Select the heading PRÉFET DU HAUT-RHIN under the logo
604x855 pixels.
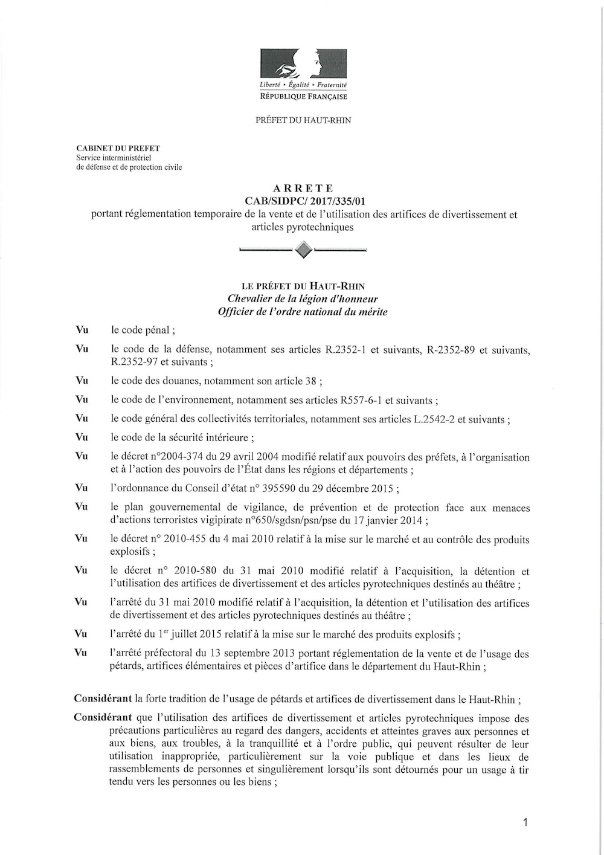point(303,120)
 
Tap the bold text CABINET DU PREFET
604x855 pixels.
point(118,148)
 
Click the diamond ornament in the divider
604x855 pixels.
point(304,249)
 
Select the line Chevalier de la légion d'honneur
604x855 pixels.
point(303,299)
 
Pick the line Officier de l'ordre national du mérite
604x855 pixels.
point(303,312)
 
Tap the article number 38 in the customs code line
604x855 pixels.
point(310,381)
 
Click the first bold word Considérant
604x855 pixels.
point(103,699)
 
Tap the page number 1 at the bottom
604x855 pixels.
point(525,822)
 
